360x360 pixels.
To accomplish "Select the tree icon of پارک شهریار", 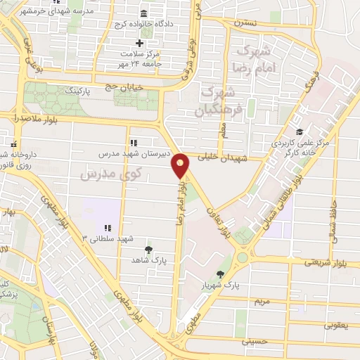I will tap(221, 274).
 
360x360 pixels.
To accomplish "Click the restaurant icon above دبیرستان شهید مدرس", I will tap(134, 142).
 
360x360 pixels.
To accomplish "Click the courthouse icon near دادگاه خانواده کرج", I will tap(143, 14).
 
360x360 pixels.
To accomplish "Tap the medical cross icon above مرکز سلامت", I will tap(139, 44).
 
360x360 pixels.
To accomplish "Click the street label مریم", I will tap(262, 300).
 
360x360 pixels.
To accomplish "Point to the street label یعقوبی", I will tap(335, 326).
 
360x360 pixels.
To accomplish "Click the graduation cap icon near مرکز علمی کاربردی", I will tap(300, 131).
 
